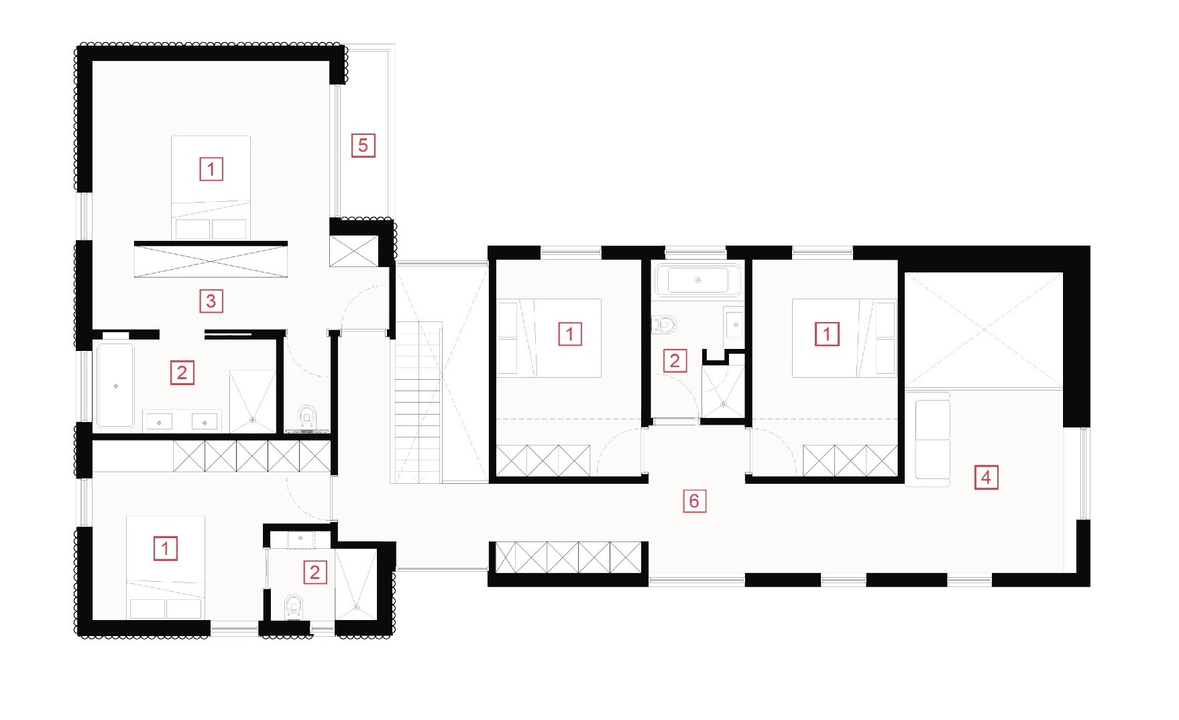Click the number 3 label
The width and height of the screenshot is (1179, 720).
click(x=211, y=301)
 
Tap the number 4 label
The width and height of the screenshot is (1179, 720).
click(x=985, y=477)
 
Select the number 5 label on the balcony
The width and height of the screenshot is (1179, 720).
click(x=363, y=145)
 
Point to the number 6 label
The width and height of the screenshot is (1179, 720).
click(x=693, y=501)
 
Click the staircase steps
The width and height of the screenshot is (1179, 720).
click(x=416, y=403)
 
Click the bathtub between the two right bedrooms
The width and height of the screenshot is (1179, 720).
click(x=697, y=280)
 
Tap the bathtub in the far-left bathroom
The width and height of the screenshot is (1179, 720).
click(x=115, y=385)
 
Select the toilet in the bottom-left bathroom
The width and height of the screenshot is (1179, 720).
click(x=294, y=606)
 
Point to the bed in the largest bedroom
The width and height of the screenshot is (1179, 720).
click(x=211, y=188)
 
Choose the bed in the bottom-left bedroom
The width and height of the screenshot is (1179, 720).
click(x=165, y=567)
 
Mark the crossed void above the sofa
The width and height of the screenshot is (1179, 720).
click(x=983, y=329)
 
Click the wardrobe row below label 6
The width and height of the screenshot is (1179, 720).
click(x=568, y=558)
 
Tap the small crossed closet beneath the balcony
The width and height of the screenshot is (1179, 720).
click(x=353, y=250)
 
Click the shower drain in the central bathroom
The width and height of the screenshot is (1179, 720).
click(x=724, y=404)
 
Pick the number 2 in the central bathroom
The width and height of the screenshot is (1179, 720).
click(x=675, y=360)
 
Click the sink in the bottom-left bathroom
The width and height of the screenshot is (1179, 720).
click(x=300, y=538)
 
